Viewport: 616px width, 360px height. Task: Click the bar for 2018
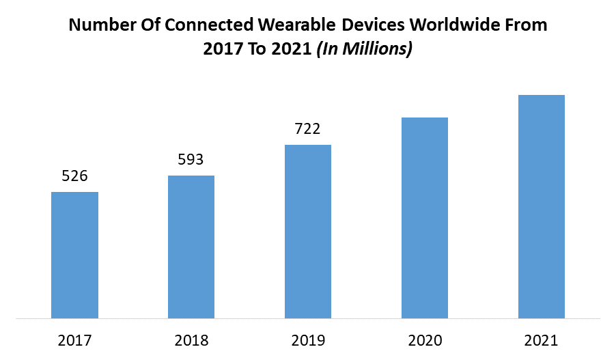[191, 247]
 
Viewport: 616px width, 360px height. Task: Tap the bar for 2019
[308, 232]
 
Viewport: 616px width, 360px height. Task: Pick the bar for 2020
[425, 218]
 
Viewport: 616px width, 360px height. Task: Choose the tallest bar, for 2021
[542, 206]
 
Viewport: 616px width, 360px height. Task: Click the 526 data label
[75, 176]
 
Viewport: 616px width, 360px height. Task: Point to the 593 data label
[191, 160]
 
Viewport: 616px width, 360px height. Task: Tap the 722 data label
[308, 128]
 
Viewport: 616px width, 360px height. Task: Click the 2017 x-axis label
[75, 340]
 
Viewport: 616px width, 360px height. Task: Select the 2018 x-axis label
[191, 340]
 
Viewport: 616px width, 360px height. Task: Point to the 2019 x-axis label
[308, 340]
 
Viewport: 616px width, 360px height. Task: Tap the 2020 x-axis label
[425, 340]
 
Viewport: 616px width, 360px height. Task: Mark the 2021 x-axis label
[542, 340]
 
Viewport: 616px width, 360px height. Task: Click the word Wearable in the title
[294, 26]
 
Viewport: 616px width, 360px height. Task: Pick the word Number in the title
[98, 26]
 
